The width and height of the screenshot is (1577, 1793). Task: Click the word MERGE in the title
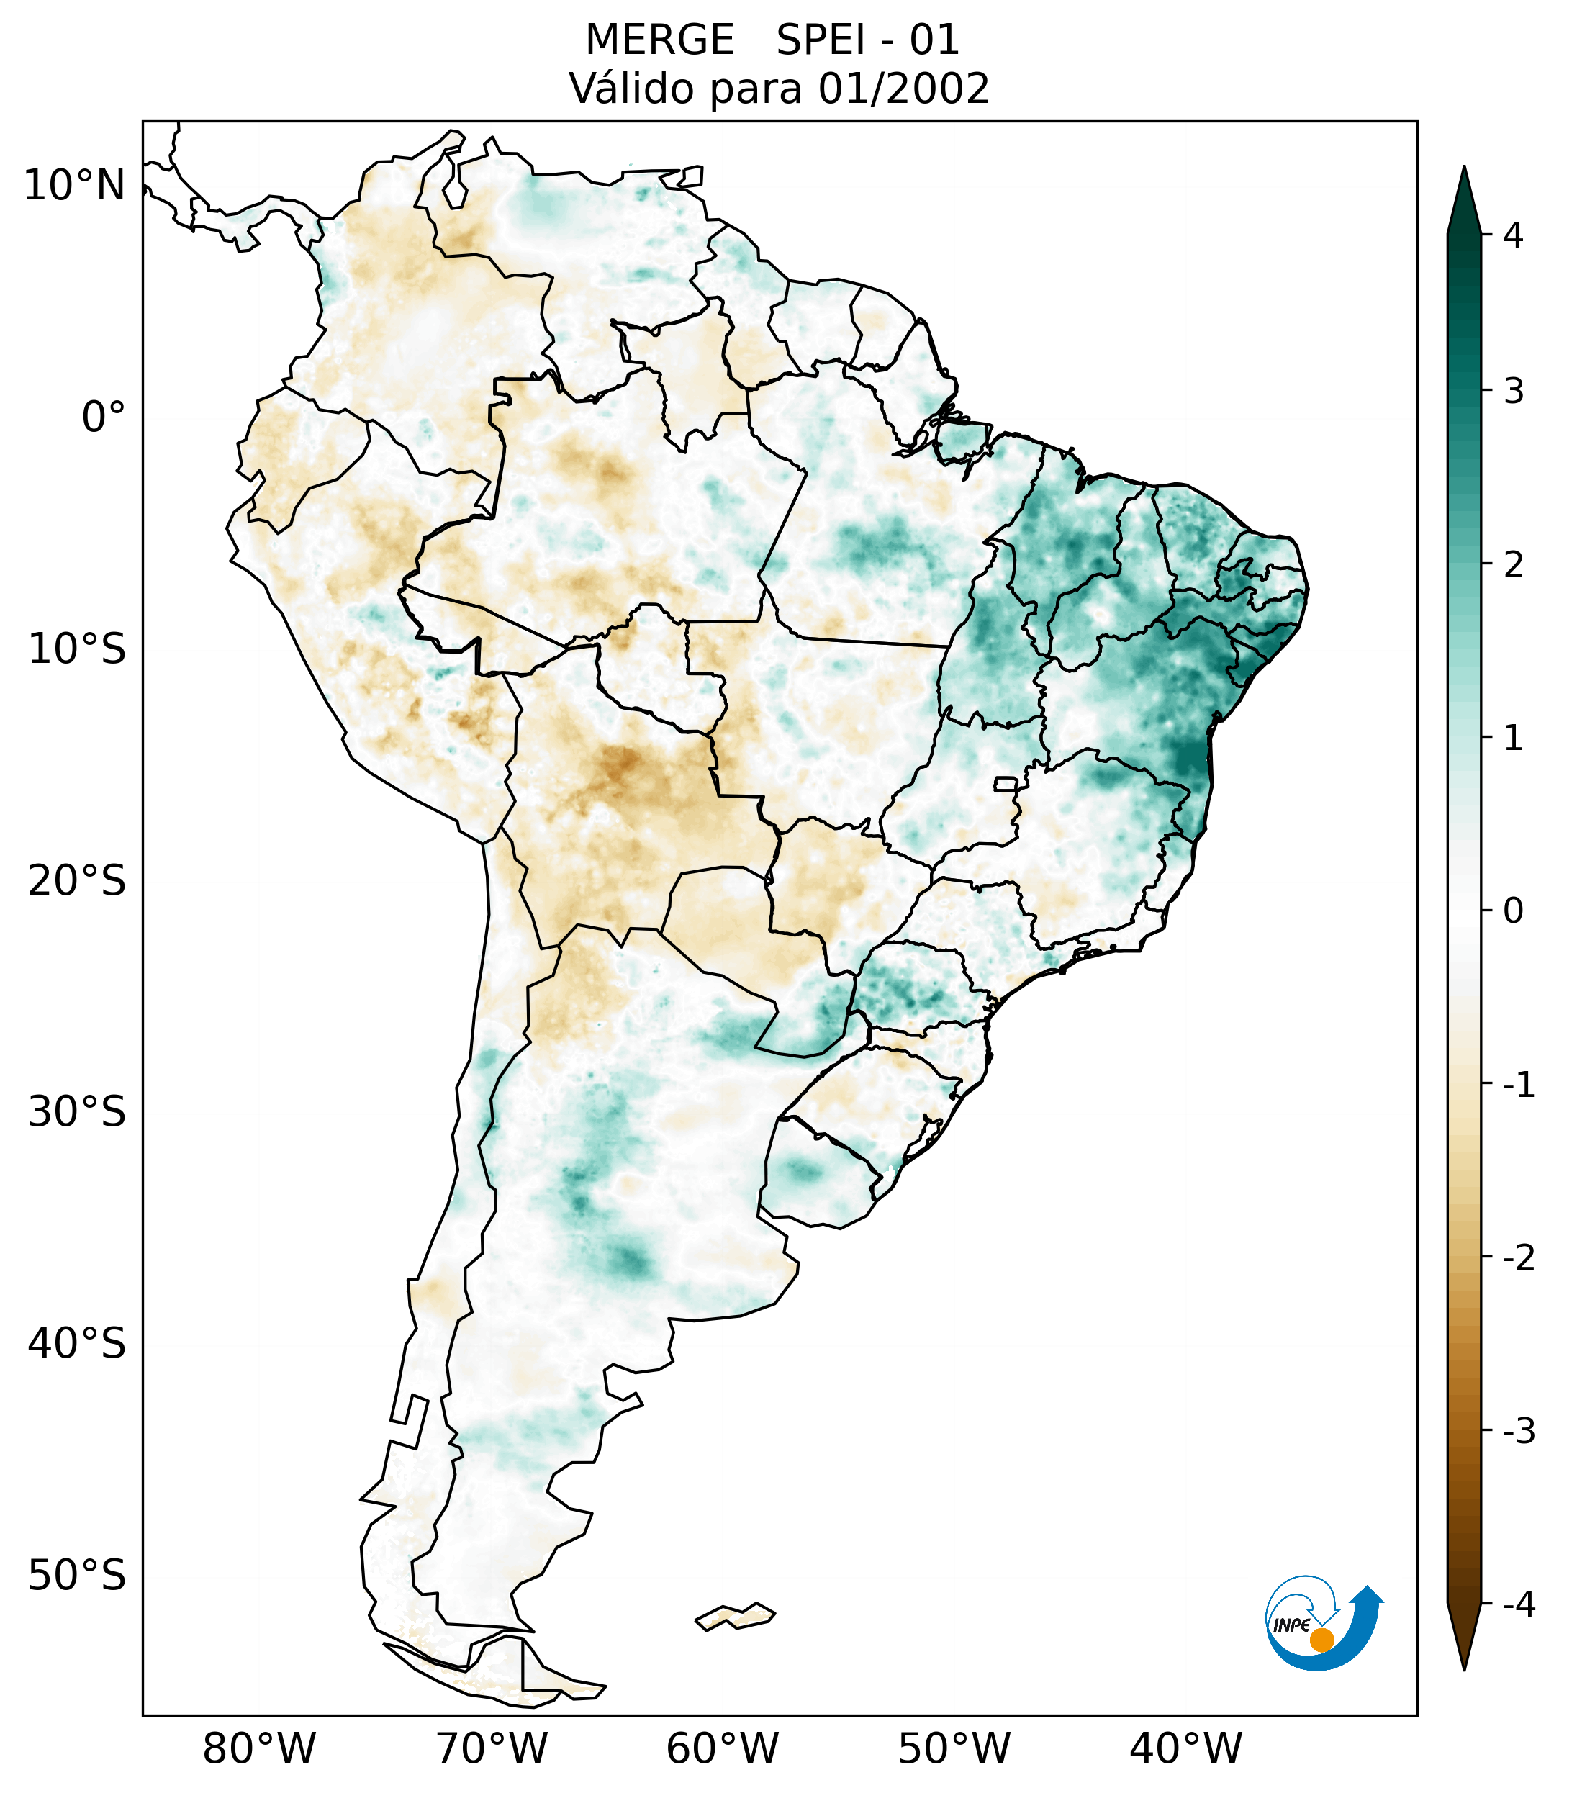pos(659,40)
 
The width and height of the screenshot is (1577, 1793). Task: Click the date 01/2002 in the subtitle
pos(903,89)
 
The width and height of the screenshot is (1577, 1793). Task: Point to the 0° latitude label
pos(104,417)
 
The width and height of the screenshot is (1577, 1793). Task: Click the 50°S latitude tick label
pos(77,1576)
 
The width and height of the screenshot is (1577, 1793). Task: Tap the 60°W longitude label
pos(722,1748)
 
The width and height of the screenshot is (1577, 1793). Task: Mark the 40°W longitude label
pos(1186,1748)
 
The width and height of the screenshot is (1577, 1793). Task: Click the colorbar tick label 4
pos(1513,235)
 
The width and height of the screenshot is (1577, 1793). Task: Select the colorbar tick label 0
pos(1513,911)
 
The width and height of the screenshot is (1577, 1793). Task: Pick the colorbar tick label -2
pos(1518,1258)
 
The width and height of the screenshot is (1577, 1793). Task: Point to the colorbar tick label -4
pos(1518,1605)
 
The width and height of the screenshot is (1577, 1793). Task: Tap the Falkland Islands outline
pos(735,1617)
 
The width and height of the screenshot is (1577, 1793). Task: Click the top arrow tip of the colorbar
pos(1463,169)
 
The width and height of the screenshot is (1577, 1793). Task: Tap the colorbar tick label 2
pos(1513,565)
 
